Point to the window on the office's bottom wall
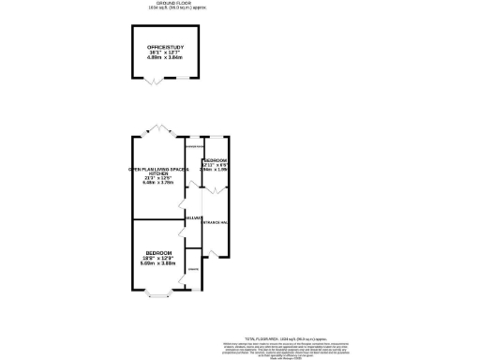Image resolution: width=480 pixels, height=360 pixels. (185, 79)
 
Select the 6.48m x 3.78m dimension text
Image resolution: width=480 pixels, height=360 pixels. (159, 183)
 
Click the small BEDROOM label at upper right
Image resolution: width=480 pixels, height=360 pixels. (216, 160)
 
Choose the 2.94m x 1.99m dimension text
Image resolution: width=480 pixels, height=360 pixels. (216, 171)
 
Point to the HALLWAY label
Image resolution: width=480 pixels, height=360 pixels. (194, 217)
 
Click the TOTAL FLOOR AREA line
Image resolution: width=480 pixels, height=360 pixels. (285, 337)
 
